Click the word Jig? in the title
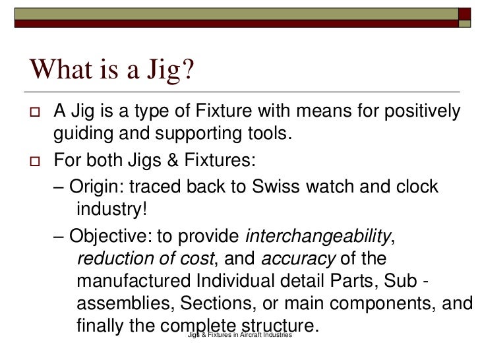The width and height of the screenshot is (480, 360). tap(165, 69)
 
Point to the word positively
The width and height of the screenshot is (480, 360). tap(420, 112)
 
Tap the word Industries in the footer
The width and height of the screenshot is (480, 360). tap(276, 336)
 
